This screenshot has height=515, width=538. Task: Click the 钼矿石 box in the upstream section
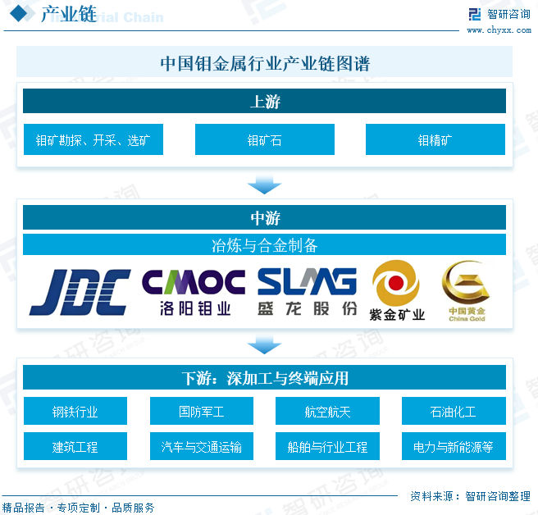tap(264, 140)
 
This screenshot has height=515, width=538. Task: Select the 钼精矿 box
tap(435, 140)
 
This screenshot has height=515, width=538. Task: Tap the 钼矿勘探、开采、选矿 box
tap(93, 140)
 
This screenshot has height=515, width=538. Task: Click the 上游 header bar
tap(264, 102)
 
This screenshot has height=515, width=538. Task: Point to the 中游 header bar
tap(264, 218)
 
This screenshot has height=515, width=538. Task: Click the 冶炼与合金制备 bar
tap(264, 244)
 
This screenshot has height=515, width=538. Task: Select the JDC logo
tap(80, 292)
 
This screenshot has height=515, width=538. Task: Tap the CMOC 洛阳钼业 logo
tap(194, 292)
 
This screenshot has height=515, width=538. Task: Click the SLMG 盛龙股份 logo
tap(308, 292)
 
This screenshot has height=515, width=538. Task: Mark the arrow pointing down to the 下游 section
tap(264, 343)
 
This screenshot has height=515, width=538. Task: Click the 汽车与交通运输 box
tap(201, 447)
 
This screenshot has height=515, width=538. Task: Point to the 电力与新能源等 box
tap(453, 447)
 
